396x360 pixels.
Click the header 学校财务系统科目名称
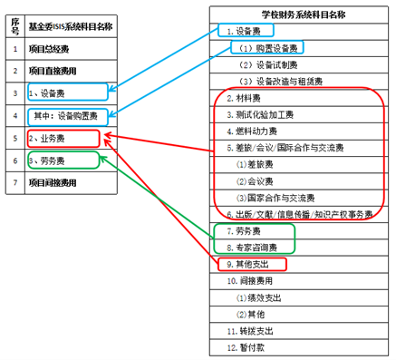(x=304, y=15)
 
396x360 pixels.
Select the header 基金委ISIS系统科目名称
(x=71, y=26)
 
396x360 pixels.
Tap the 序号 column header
(x=15, y=26)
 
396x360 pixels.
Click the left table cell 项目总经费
(x=49, y=49)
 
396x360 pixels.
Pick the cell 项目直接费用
(x=53, y=71)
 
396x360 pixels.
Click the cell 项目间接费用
(x=53, y=182)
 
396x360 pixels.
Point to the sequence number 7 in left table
(x=15, y=182)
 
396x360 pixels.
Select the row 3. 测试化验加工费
(x=260, y=115)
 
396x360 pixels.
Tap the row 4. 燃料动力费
(x=252, y=131)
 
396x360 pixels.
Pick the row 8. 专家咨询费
(x=252, y=248)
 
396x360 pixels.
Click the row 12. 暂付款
(x=246, y=347)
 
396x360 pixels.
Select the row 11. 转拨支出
(x=250, y=331)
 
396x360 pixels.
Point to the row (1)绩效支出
(x=258, y=298)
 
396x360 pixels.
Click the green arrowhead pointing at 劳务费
(x=103, y=160)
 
